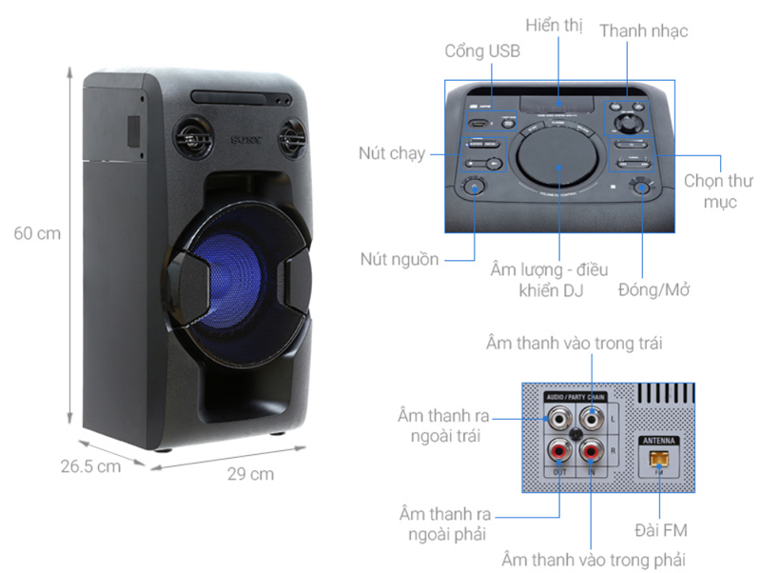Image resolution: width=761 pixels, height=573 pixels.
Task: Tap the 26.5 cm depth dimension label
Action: coord(90,465)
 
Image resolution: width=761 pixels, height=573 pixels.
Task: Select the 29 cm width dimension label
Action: coord(250,473)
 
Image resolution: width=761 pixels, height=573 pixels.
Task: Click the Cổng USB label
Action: coord(482,51)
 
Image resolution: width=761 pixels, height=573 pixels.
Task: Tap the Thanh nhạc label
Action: coord(643,31)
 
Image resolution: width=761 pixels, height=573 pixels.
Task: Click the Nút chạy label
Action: coord(392,152)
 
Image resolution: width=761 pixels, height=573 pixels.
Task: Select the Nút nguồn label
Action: coord(400,259)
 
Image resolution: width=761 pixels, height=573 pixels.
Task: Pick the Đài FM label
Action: coord(660,529)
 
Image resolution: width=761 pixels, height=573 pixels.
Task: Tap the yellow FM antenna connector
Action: coord(659,460)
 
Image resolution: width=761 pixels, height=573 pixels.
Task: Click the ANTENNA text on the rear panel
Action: coord(658,441)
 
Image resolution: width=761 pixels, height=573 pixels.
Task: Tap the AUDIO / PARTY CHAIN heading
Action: coord(575,395)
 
